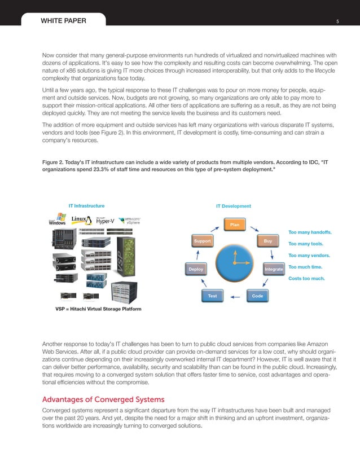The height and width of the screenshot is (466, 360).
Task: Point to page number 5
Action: (x=337, y=22)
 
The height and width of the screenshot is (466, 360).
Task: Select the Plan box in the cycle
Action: (x=235, y=225)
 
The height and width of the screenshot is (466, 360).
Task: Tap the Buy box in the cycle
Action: (x=268, y=241)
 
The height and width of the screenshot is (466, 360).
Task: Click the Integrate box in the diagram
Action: (x=274, y=270)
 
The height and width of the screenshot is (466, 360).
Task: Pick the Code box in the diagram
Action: (x=257, y=296)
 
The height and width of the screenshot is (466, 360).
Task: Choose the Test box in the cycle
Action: (x=212, y=296)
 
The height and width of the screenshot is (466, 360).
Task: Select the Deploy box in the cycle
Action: (x=196, y=270)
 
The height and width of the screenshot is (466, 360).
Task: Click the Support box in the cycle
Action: (x=202, y=241)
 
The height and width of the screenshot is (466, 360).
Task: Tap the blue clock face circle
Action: (x=235, y=261)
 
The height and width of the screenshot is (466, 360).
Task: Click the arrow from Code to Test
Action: (x=235, y=296)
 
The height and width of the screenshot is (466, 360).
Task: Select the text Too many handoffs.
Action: (x=310, y=232)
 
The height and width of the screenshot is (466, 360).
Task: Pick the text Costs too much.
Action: (x=306, y=278)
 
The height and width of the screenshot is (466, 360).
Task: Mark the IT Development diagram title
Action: (x=233, y=206)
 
